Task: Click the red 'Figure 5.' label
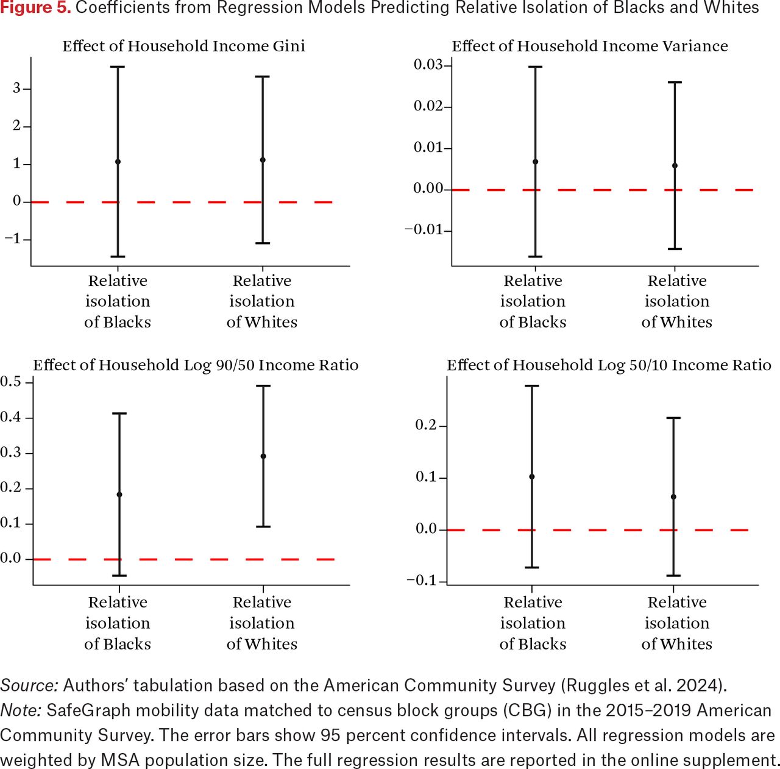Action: [35, 8]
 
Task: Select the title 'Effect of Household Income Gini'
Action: [183, 46]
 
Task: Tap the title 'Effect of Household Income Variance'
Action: [590, 46]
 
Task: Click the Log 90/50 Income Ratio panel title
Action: [196, 365]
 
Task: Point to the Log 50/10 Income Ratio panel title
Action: [609, 365]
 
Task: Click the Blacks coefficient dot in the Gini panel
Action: [118, 162]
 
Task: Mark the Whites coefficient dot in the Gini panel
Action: [263, 160]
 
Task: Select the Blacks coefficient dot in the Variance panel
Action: [535, 162]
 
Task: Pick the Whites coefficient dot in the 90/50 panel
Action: [263, 456]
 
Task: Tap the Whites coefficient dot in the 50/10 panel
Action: [673, 497]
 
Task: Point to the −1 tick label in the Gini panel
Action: [13, 239]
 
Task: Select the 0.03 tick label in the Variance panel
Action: [428, 65]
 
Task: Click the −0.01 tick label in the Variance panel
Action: [424, 230]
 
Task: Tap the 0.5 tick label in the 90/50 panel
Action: [10, 382]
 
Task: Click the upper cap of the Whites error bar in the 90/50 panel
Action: [263, 385]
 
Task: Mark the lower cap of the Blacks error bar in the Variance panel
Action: [535, 257]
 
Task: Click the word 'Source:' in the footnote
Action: [29, 685]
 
